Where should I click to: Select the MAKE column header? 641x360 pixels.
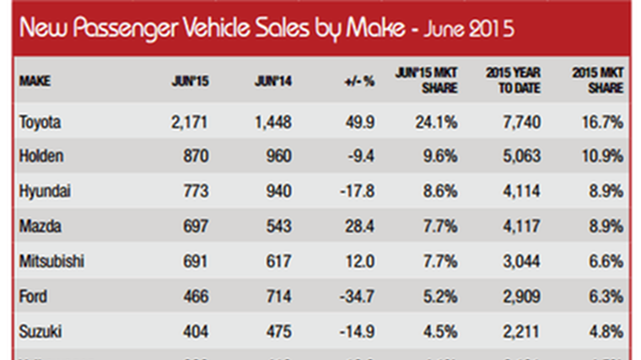click(35, 82)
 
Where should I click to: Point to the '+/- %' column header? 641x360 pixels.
click(359, 82)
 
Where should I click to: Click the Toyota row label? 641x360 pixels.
click(40, 123)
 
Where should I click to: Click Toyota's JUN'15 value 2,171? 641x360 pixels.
click(189, 123)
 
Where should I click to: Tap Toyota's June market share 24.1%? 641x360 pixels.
click(439, 123)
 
